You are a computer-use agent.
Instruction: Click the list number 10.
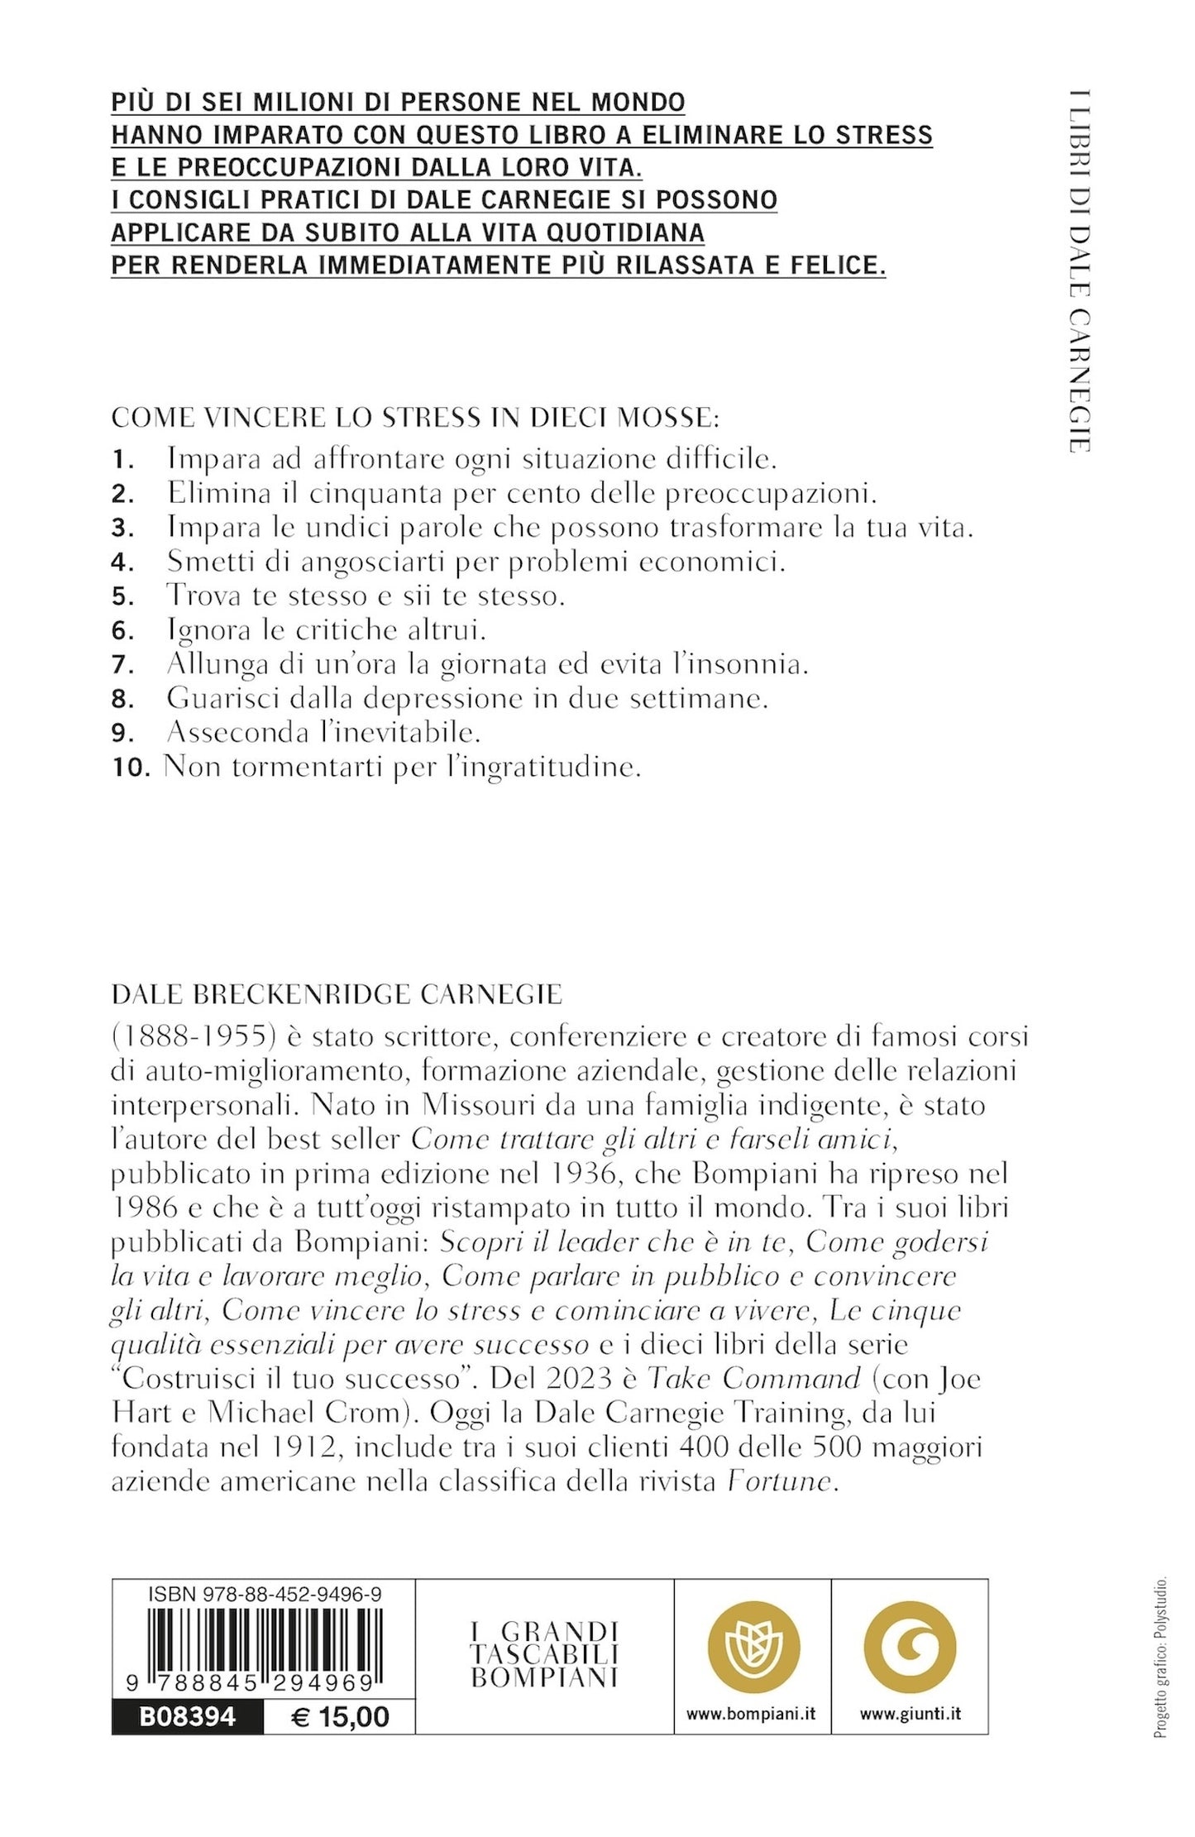point(131,768)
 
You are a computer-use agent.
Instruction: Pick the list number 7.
point(122,665)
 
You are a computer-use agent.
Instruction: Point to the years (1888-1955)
point(175,1036)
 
